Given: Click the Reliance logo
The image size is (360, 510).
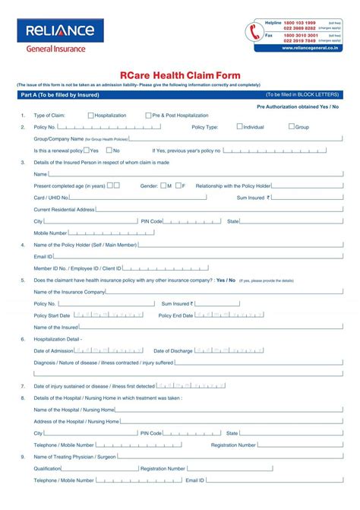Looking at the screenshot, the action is click(61, 31).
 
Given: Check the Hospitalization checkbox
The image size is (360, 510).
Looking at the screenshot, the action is click(91, 116).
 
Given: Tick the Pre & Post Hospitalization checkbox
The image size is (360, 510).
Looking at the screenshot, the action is click(147, 116).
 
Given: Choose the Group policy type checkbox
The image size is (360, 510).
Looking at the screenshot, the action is click(292, 127).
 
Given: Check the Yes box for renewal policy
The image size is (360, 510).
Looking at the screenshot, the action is click(86, 150).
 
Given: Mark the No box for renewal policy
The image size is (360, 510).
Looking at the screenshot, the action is click(109, 150).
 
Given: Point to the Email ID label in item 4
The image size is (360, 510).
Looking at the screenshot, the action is click(43, 257).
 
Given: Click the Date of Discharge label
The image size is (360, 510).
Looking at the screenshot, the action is click(172, 351).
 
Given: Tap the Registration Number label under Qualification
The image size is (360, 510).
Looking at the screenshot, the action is click(163, 469).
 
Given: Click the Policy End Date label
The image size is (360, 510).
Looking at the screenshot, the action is click(175, 315).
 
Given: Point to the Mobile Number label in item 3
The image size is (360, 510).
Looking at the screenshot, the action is click(51, 233).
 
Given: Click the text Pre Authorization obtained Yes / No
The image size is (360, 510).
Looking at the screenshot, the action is click(297, 107).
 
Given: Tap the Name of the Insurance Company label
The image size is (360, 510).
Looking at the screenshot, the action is click(69, 292).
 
